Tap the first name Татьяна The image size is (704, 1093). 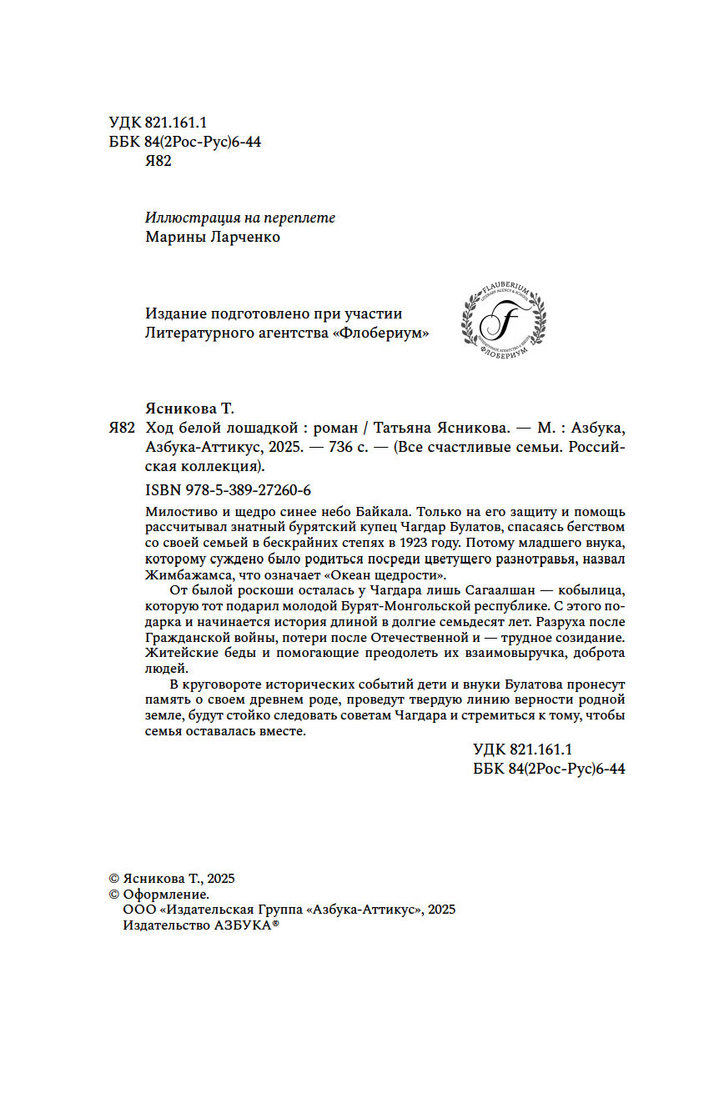(x=405, y=428)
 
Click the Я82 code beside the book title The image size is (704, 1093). (x=122, y=428)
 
